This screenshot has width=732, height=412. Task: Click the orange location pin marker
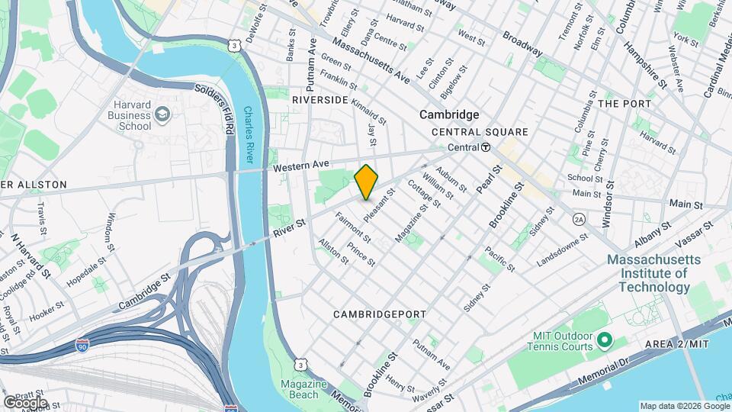(x=366, y=182)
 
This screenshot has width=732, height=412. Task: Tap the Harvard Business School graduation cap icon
(x=162, y=114)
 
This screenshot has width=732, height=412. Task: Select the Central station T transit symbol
(x=485, y=147)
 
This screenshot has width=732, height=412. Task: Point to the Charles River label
(x=249, y=134)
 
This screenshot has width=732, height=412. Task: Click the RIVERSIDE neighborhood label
(x=320, y=100)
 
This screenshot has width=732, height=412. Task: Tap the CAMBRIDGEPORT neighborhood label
(x=374, y=314)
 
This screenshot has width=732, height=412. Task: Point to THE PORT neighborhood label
(x=624, y=103)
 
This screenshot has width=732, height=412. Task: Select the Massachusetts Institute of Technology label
(x=648, y=273)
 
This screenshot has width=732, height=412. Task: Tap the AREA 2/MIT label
(x=676, y=344)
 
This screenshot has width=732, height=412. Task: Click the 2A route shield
(x=579, y=219)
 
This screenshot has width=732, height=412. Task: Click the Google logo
(x=25, y=401)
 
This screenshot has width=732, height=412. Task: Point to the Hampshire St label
(x=639, y=58)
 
